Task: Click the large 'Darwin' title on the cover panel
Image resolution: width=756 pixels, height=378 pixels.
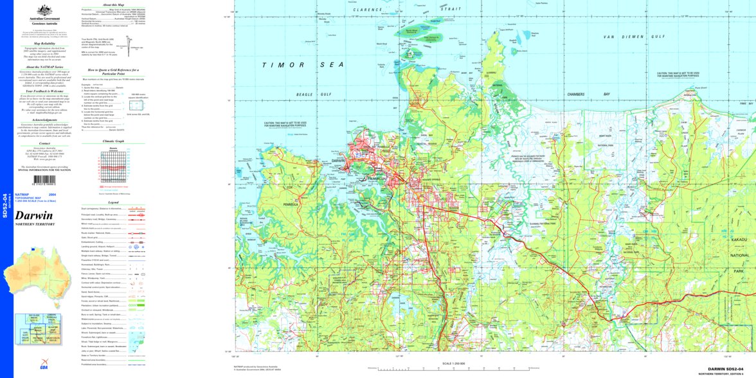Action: point(34,215)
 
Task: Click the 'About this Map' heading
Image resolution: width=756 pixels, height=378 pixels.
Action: point(113,4)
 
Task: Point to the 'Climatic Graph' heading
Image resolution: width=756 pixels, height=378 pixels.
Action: point(113,140)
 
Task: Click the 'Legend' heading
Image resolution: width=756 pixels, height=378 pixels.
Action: point(113,202)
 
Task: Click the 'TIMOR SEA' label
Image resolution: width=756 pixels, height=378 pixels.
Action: point(302,65)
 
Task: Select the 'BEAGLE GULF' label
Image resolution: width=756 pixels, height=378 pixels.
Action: point(313,94)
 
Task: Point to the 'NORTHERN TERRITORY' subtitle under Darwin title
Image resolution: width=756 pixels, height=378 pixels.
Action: point(35,224)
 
